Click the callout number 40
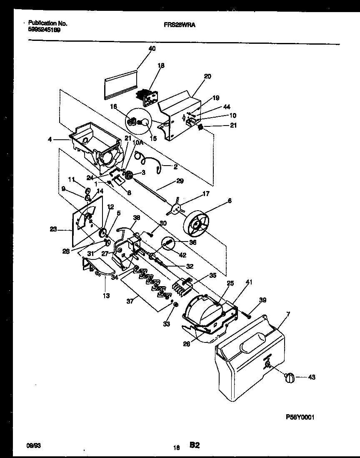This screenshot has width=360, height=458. pos(152,49)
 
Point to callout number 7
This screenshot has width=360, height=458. pos(288,313)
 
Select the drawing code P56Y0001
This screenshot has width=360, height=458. pos(302,417)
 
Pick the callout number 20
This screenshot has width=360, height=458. pos(207,76)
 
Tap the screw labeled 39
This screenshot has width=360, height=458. pos(248,316)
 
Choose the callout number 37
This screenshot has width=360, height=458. pos(130,300)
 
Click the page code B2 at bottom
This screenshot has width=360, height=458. pos(195,445)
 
